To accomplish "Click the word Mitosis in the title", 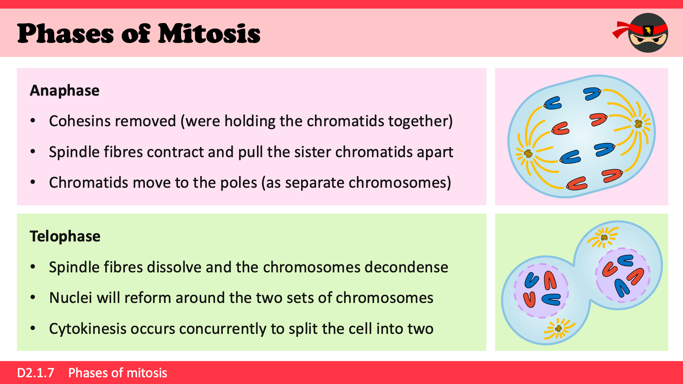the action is pos(209,33).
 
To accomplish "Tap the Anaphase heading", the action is pos(64,90).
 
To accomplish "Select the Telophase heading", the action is pos(65,236).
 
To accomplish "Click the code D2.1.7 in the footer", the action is pos(36,373).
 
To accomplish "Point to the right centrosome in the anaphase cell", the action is pos(639,124).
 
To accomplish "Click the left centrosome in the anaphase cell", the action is pos(529,154).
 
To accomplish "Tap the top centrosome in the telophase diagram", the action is pos(604,237).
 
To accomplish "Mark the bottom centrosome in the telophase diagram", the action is pos(558,328).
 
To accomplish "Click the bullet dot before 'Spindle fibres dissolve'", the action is pos(33,267).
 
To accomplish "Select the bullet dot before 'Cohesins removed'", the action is pos(33,121).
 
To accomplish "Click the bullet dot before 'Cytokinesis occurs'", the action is pos(33,329).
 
